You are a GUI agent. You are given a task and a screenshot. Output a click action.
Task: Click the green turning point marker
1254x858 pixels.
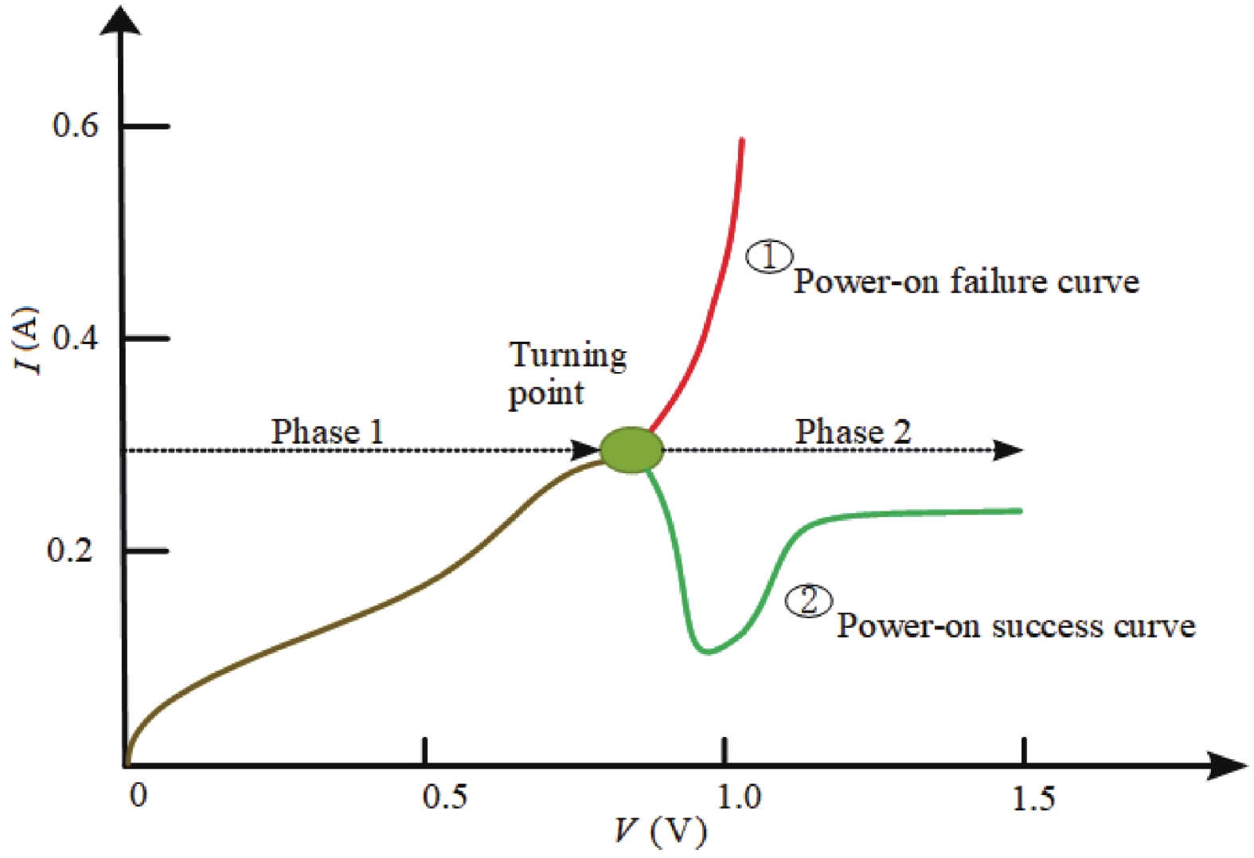pos(631,450)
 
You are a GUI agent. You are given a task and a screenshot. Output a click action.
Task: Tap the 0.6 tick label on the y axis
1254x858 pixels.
pos(76,125)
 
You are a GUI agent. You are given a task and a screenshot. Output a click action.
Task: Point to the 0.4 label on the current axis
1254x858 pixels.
pos(76,338)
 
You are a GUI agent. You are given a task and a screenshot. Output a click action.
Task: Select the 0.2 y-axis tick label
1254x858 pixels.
pos(70,550)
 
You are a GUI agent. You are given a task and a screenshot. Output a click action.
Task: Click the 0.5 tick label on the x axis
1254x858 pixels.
pos(445,797)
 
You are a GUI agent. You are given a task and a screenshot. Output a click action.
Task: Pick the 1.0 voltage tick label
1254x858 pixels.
pos(739,797)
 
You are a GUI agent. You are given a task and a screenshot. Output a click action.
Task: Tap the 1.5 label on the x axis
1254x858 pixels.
pos(1034,797)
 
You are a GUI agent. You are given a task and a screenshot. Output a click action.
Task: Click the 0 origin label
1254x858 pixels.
pos(139,795)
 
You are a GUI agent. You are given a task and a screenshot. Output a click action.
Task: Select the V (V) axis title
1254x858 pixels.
pos(660,831)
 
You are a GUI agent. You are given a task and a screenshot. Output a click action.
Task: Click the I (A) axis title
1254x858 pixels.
pos(27,339)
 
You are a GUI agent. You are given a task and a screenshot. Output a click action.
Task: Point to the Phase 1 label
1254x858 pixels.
pos(327,432)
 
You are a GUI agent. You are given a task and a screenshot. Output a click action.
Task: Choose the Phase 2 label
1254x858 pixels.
pos(853,432)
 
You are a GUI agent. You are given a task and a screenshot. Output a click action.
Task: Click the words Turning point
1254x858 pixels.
pos(567,373)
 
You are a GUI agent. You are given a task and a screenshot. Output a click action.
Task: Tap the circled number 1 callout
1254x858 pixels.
pos(768,257)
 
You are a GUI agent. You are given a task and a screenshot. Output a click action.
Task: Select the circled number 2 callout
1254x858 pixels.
pos(809,601)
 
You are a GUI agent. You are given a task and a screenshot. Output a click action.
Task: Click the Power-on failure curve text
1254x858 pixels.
pos(966,282)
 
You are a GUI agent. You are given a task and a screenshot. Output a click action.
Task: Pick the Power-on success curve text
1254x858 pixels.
pos(1015,626)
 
